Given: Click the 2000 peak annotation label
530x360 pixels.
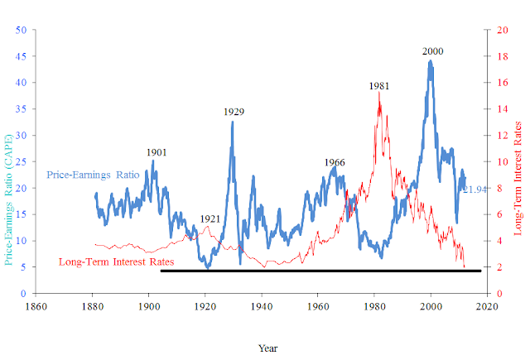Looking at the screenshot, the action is [x=432, y=51].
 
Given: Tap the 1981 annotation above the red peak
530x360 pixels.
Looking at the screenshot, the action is [x=379, y=86].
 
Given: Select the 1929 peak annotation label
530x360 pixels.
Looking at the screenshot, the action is [x=234, y=112].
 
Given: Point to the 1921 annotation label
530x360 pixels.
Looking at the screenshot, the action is [x=210, y=219].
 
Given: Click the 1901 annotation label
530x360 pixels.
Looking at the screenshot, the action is [x=157, y=152].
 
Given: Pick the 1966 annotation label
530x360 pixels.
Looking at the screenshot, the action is [x=335, y=162].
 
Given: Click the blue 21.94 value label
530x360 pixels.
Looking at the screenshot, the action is [x=475, y=190].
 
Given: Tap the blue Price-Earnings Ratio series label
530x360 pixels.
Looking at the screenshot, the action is [x=93, y=175].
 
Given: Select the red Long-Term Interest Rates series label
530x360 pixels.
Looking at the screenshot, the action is [x=116, y=262].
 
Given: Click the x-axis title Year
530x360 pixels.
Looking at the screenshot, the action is [x=267, y=348].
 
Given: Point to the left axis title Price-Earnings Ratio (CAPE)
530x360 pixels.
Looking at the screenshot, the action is [x=8, y=200].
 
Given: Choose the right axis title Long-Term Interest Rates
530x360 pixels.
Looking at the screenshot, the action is [x=518, y=178].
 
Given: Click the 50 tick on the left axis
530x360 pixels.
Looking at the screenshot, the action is [x=21, y=30].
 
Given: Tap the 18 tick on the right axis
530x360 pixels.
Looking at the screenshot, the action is [x=503, y=56].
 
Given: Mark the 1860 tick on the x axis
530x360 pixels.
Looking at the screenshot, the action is [x=36, y=307].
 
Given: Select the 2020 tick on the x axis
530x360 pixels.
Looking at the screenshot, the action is [x=488, y=307].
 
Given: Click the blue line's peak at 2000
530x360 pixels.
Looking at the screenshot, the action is [x=431, y=61].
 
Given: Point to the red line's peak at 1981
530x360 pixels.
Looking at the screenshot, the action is [x=379, y=92].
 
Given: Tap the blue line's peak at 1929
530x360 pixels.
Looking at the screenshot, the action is [x=232, y=122].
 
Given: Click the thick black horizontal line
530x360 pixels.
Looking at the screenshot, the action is [x=320, y=271].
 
